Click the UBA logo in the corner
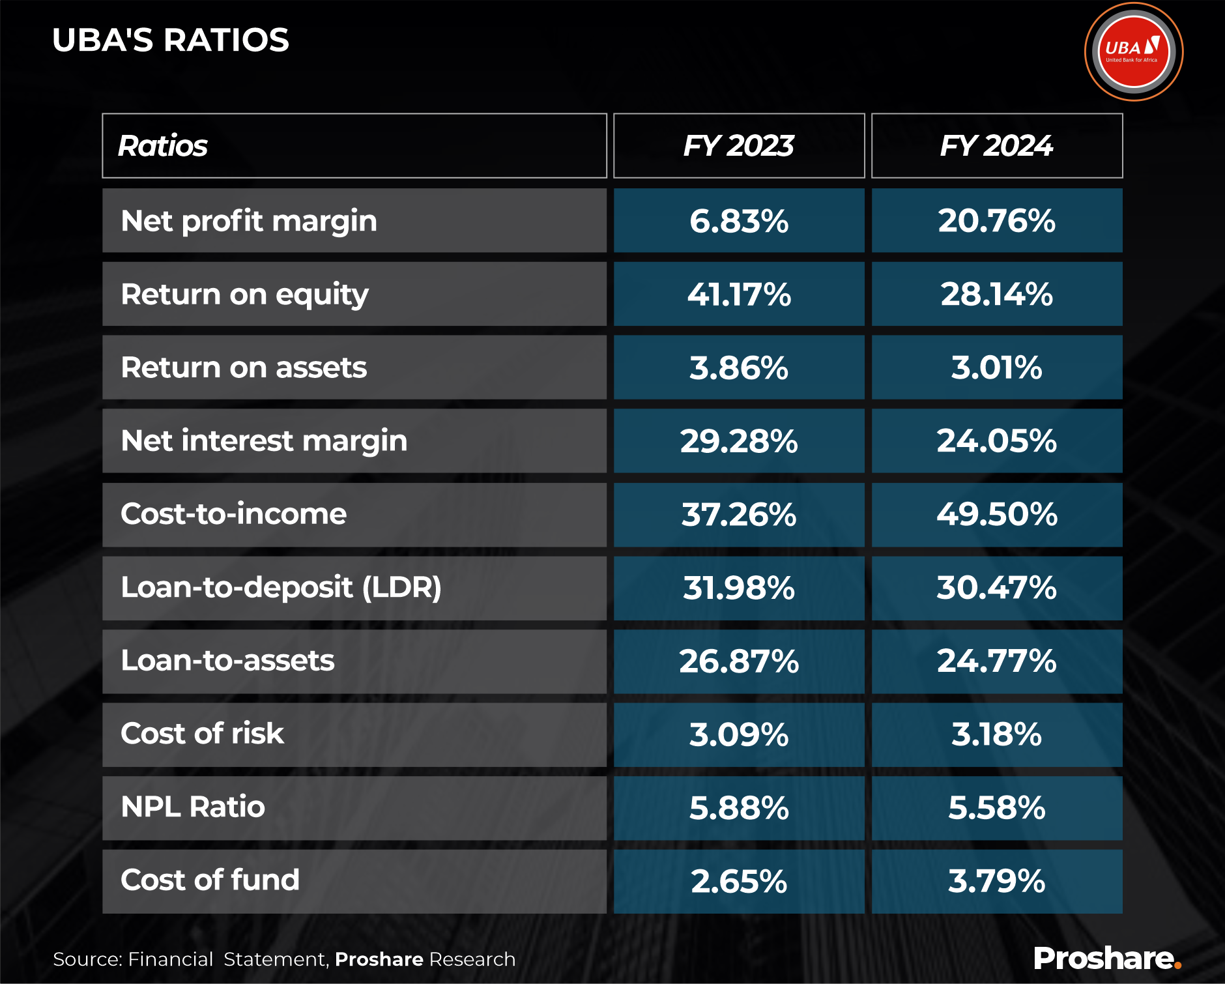coord(1133,52)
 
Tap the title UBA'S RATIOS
coord(171,40)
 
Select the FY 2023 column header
coord(738,146)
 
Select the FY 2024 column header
coord(996,146)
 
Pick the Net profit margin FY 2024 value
coord(996,221)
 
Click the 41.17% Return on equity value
coord(738,295)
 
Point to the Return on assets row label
coord(244,368)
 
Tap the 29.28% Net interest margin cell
coord(738,441)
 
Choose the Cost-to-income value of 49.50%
coord(996,515)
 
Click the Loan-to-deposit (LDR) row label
coord(281,588)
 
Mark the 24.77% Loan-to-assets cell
coord(996,661)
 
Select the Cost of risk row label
coord(202,734)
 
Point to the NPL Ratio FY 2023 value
coord(738,808)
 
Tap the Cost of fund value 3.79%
coord(996,881)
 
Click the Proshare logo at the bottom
coord(1106,959)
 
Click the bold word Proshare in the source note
coord(379,959)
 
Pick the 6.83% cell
coord(738,221)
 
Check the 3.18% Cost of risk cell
coord(996,734)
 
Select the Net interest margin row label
coord(264,441)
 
